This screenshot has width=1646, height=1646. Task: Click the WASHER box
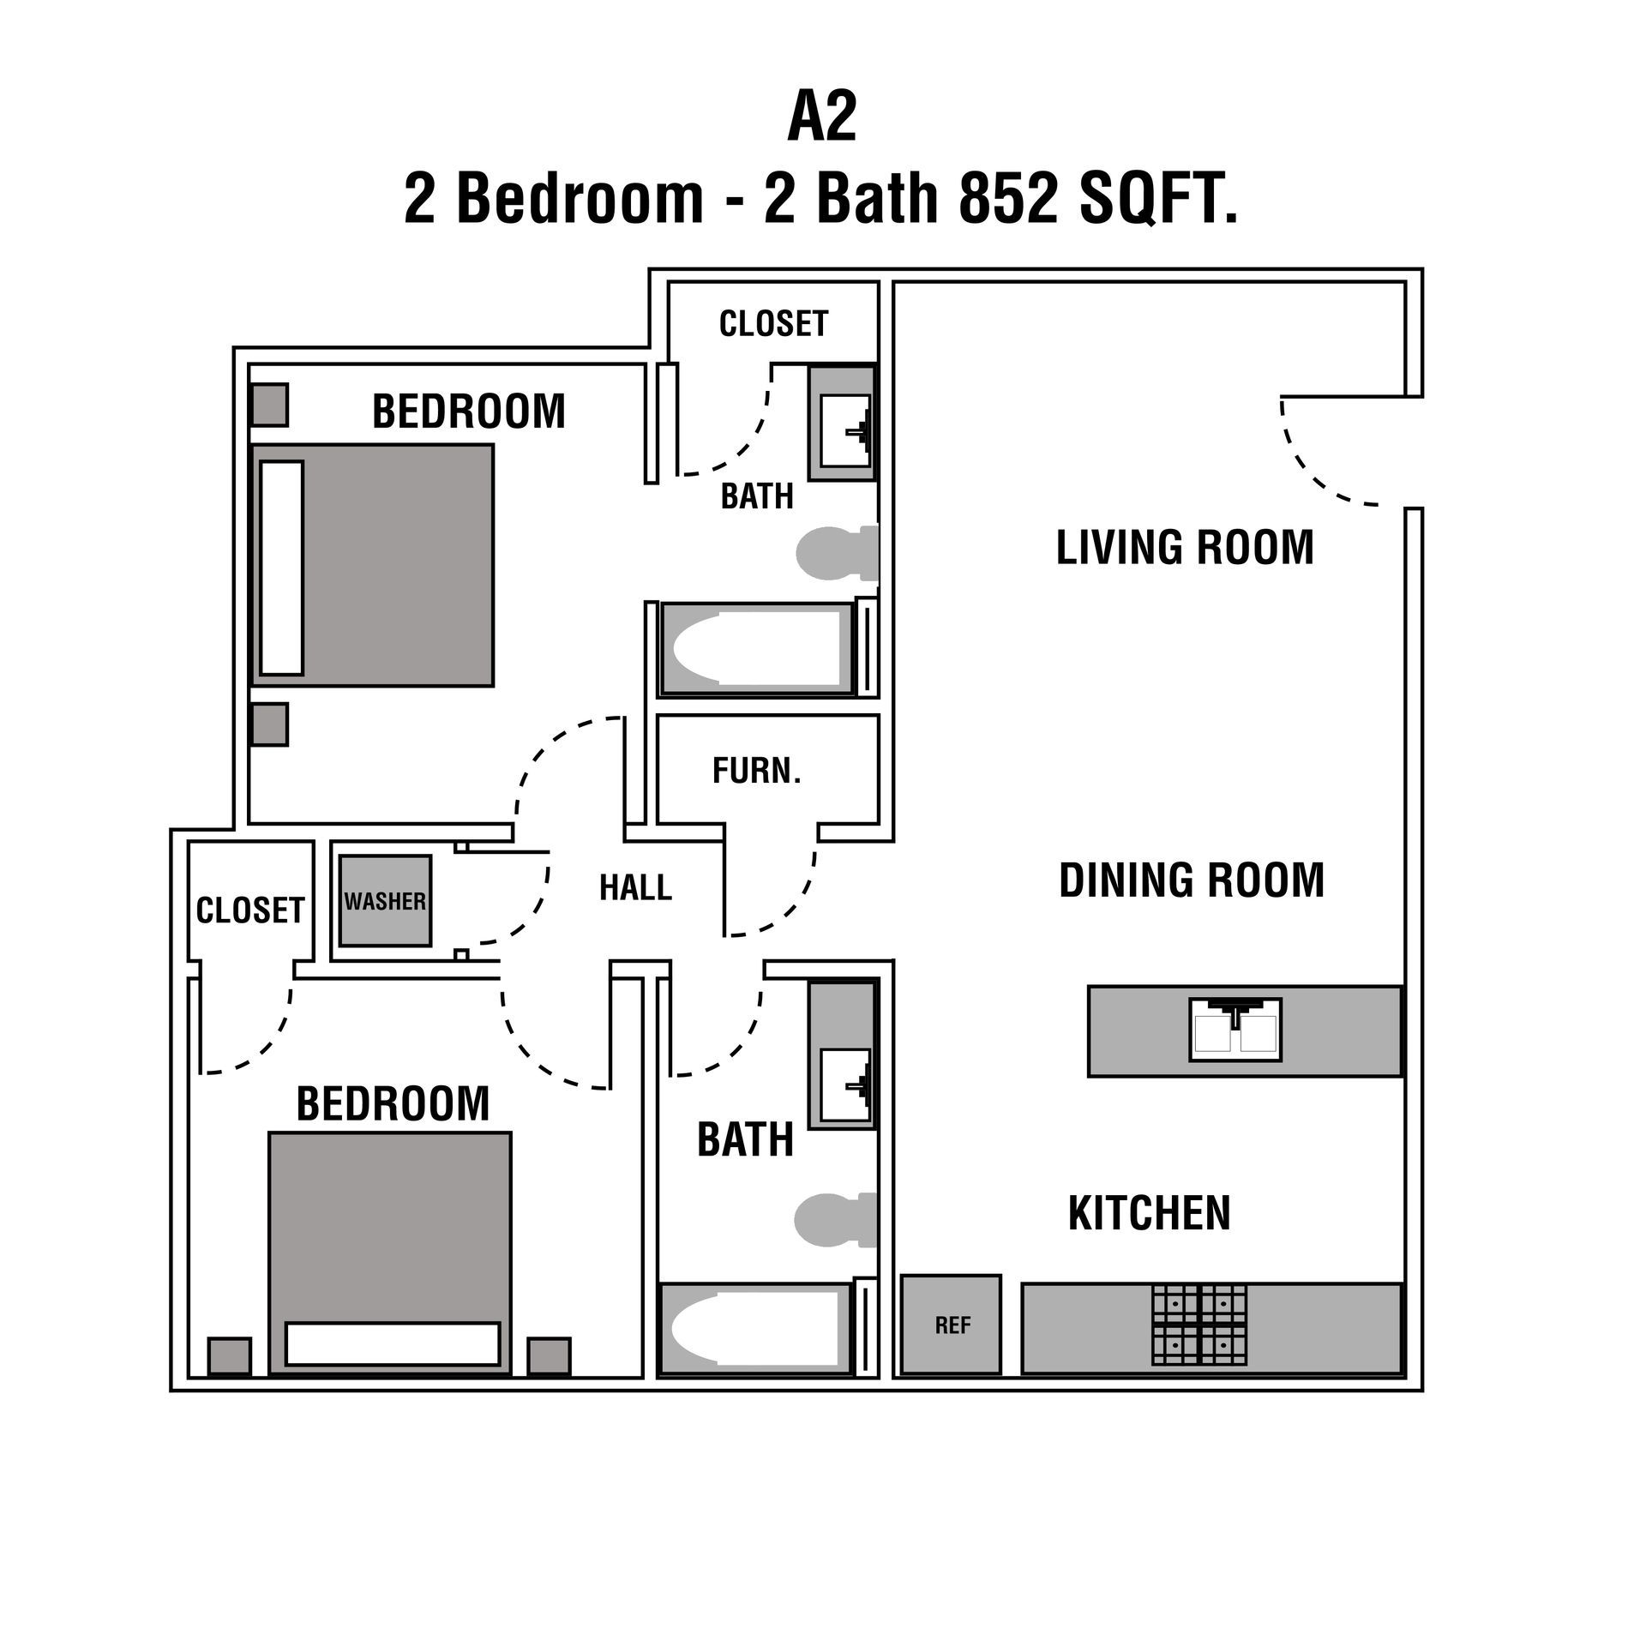(385, 901)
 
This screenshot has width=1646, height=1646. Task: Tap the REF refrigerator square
(952, 1325)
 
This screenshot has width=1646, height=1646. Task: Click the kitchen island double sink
(1234, 1029)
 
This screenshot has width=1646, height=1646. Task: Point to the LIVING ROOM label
(1185, 548)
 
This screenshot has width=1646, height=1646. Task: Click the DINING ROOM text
(1192, 880)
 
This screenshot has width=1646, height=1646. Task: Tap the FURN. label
(756, 772)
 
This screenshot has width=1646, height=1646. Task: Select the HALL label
(635, 888)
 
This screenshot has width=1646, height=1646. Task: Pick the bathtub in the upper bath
(757, 648)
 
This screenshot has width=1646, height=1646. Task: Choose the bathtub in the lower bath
(754, 1329)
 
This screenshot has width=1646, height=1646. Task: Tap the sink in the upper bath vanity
(844, 430)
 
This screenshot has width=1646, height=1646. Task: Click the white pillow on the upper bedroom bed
(282, 568)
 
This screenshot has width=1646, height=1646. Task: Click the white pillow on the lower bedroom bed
(393, 1343)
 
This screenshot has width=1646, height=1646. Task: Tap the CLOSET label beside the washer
(249, 910)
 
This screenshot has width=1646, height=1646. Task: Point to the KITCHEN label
(1149, 1212)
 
